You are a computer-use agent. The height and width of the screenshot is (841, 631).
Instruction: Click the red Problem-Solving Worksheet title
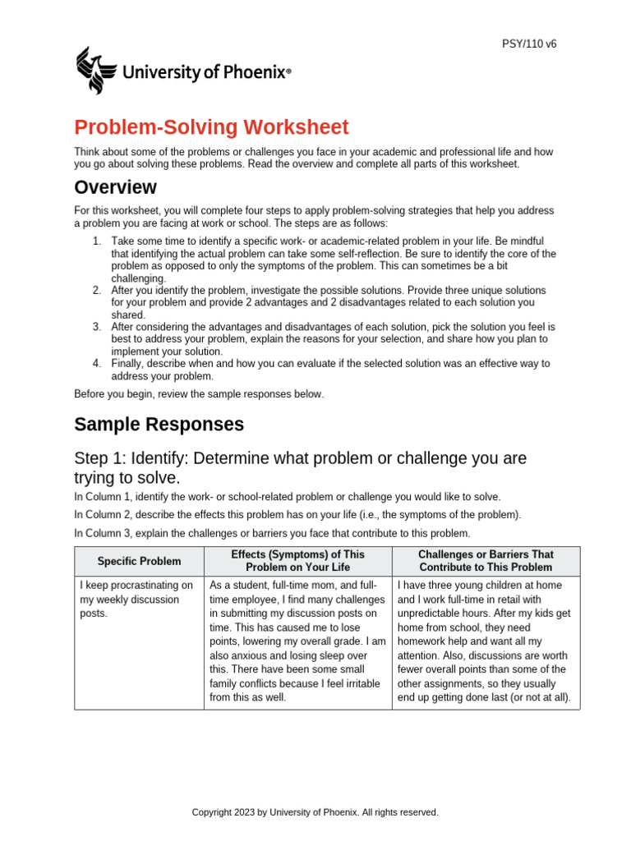[x=211, y=127]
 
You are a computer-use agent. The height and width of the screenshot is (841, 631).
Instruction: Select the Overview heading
[x=115, y=187]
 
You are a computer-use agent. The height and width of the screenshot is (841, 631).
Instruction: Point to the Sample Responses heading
[x=159, y=425]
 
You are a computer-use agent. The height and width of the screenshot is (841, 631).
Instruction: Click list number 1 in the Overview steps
[x=96, y=241]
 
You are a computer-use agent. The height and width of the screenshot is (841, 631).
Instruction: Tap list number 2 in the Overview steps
[x=96, y=290]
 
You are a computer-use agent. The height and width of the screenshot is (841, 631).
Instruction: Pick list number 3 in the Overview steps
[x=96, y=326]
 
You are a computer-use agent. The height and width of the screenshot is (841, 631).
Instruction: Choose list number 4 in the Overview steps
[x=96, y=363]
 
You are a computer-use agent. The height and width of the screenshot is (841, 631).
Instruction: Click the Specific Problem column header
[x=139, y=561]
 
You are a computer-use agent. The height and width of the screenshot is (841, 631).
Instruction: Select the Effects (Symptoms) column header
[x=297, y=561]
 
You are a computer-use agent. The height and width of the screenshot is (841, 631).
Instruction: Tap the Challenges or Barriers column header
[x=486, y=561]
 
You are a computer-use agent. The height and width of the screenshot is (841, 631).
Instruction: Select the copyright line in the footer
[x=315, y=812]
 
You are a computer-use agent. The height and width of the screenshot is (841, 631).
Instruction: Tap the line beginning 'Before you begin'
[x=199, y=394]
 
